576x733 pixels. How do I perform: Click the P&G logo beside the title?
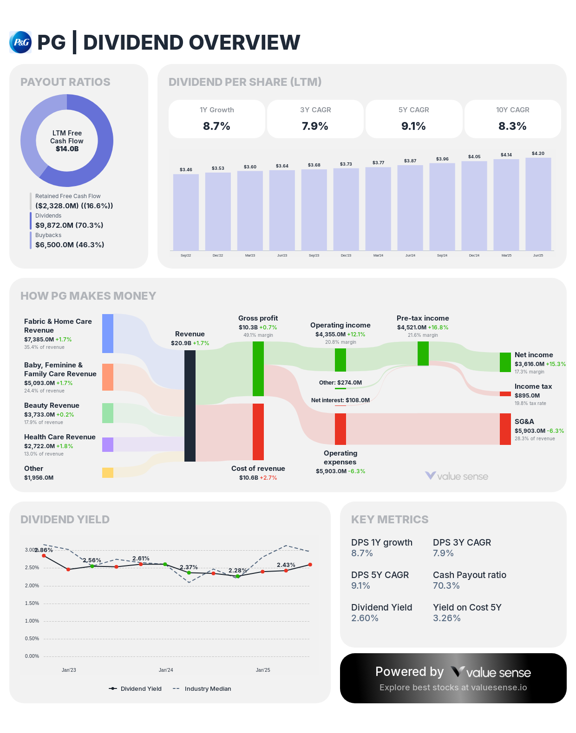[x=20, y=42]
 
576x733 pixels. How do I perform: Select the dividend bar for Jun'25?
[x=538, y=204]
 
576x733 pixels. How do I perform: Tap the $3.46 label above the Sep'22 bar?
[x=186, y=170]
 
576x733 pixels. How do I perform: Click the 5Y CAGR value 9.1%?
[x=413, y=126]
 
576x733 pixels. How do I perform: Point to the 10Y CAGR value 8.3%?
[x=512, y=126]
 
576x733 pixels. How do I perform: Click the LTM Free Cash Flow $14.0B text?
[x=67, y=149]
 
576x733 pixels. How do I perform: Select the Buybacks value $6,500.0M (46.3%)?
[x=70, y=244]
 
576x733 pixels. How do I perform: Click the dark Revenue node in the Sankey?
[x=190, y=406]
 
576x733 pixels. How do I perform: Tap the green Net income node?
[x=505, y=362]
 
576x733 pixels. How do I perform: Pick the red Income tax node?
[x=505, y=394]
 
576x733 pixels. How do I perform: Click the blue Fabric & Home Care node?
[x=108, y=334]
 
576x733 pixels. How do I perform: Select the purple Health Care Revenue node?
[x=108, y=444]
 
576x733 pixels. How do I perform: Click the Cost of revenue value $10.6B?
[x=249, y=478]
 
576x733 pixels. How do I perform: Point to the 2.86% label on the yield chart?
[x=44, y=550]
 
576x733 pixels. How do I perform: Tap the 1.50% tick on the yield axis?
[x=32, y=603]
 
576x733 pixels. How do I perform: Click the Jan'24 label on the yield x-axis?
[x=166, y=670]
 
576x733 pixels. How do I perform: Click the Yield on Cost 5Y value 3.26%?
[x=446, y=618]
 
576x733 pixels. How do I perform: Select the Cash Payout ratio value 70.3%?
[x=446, y=585]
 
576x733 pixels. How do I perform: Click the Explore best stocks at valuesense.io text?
[x=453, y=688]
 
